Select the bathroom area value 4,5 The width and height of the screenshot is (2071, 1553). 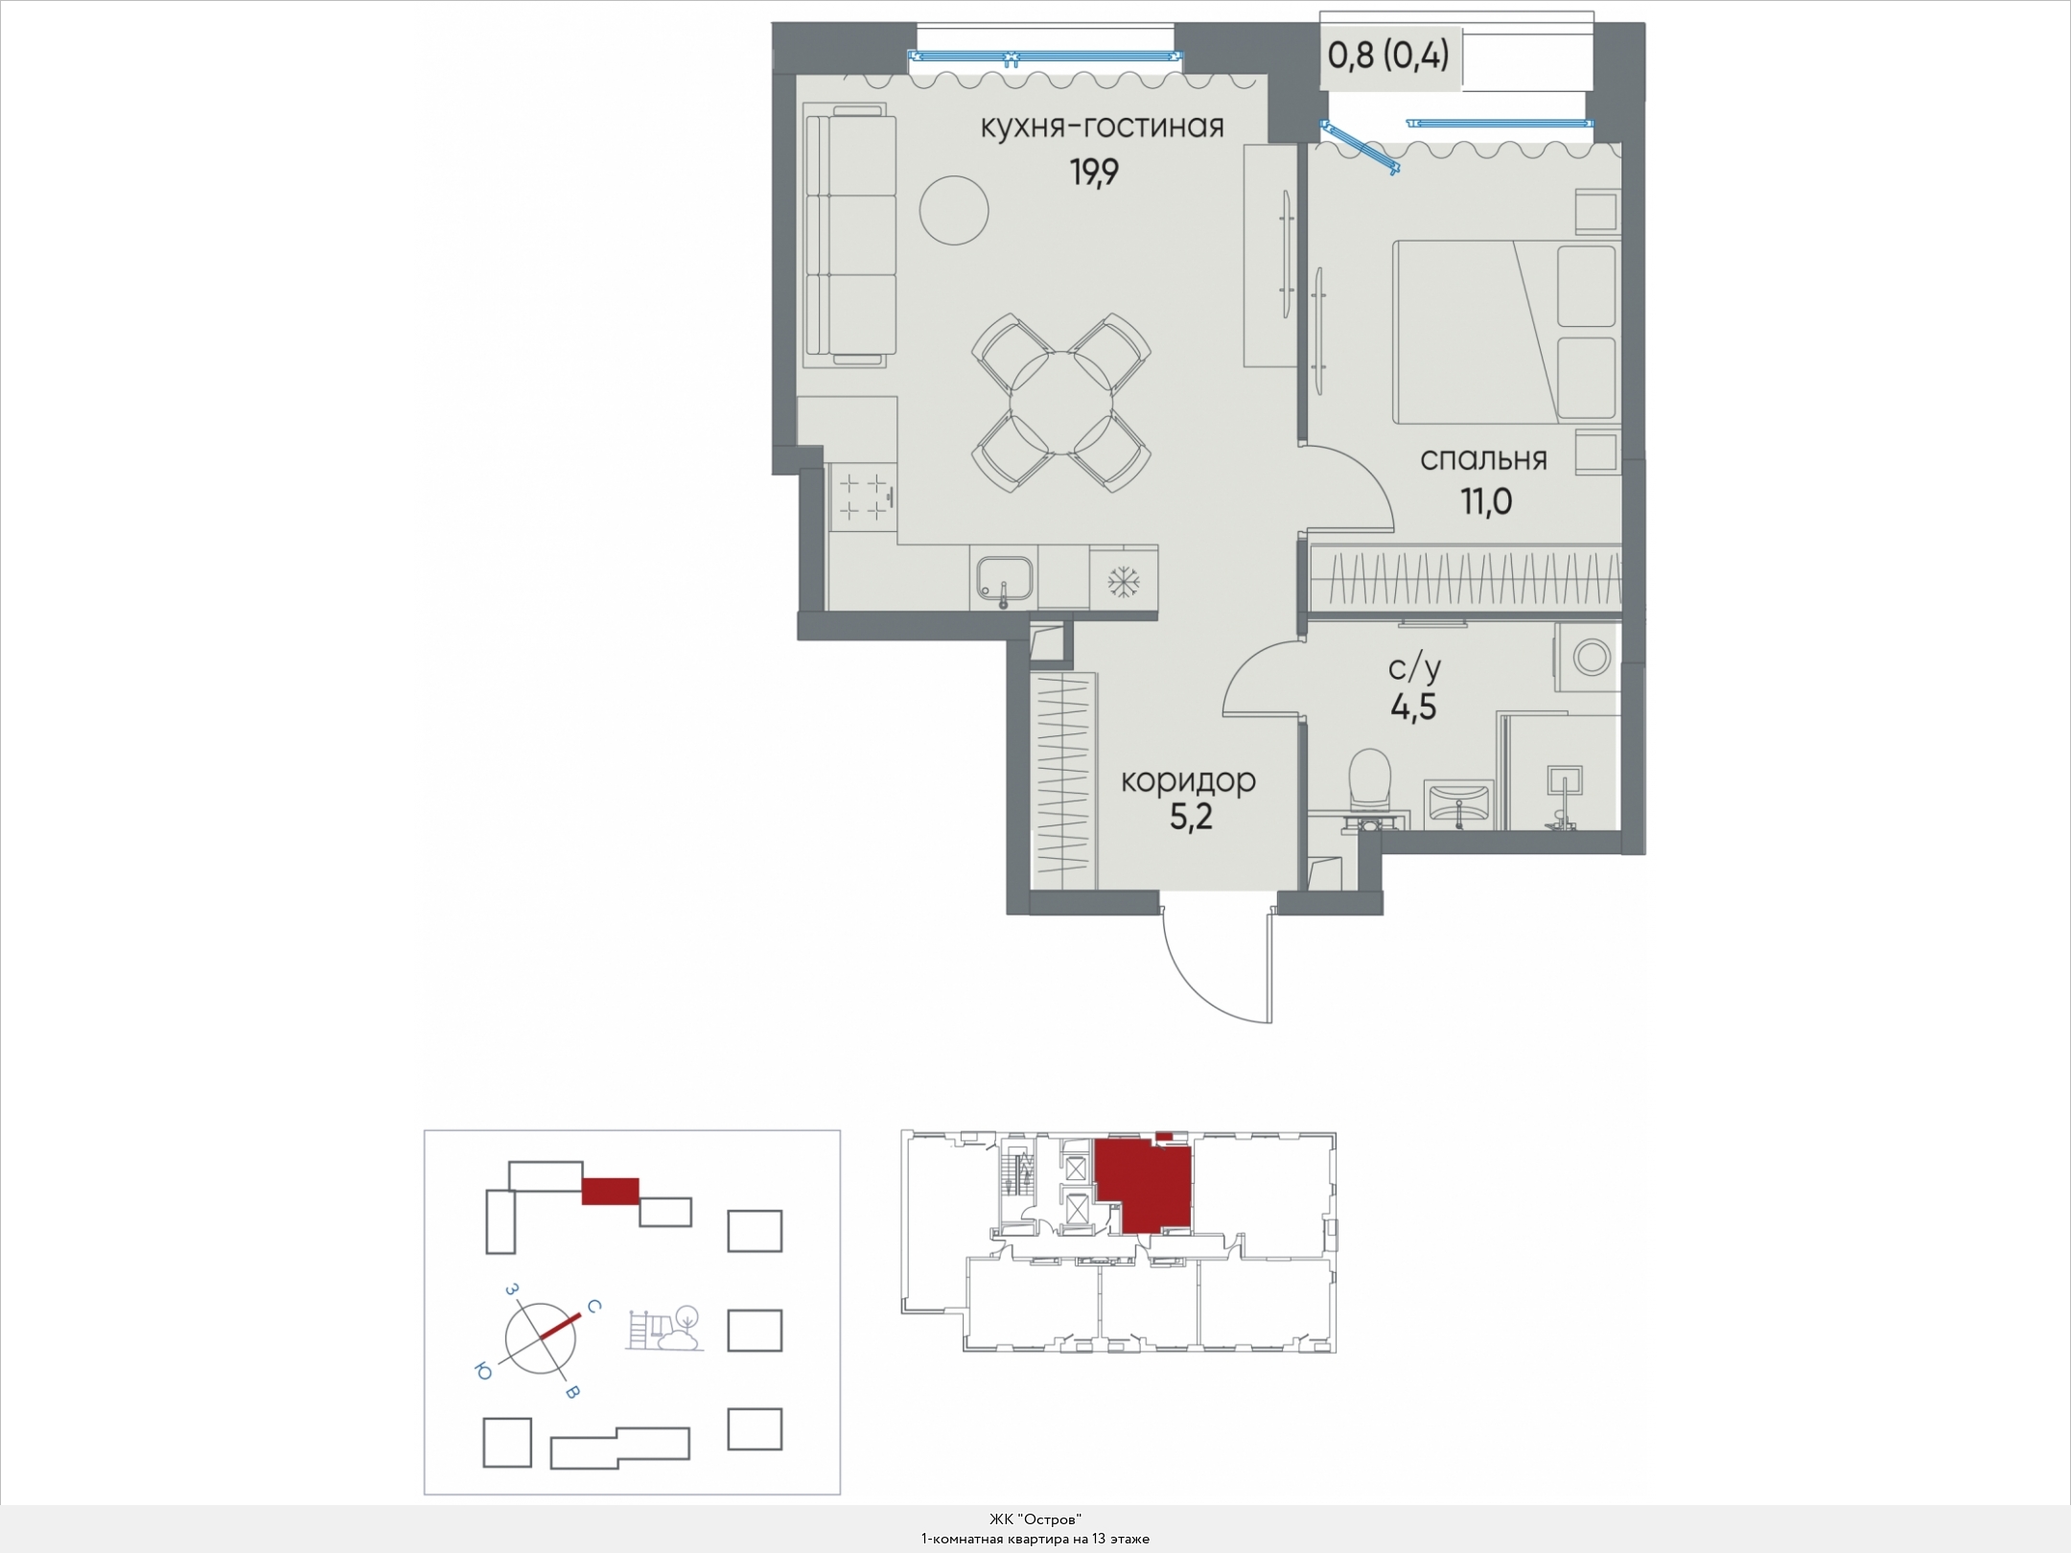(1413, 707)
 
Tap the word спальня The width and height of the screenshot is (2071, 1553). (1483, 460)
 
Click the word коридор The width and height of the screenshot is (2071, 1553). (1189, 781)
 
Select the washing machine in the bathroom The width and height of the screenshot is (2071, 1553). (1587, 658)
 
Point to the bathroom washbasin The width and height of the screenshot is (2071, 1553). (1458, 803)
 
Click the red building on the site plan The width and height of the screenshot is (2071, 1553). (610, 1190)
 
